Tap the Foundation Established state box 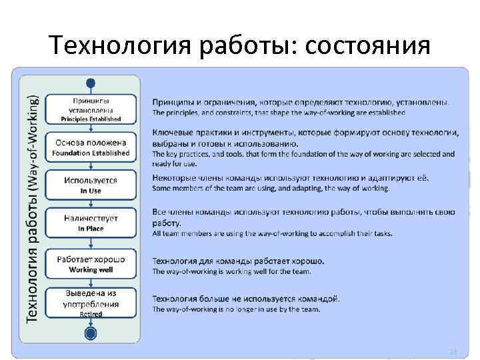tap(91, 147)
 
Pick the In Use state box tap(91, 185)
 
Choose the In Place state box tap(91, 223)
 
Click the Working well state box tap(91, 261)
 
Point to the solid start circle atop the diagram tap(91, 83)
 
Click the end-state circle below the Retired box tap(91, 333)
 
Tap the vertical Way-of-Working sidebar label tap(31, 207)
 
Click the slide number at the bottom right tap(453, 351)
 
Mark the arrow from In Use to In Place tap(91, 204)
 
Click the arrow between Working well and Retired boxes tap(91, 281)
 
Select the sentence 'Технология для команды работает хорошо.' tap(239, 261)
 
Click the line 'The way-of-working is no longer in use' tap(237, 309)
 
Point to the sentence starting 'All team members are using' tap(272, 233)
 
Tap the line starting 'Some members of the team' tap(271, 188)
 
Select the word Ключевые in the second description tap(175, 133)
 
